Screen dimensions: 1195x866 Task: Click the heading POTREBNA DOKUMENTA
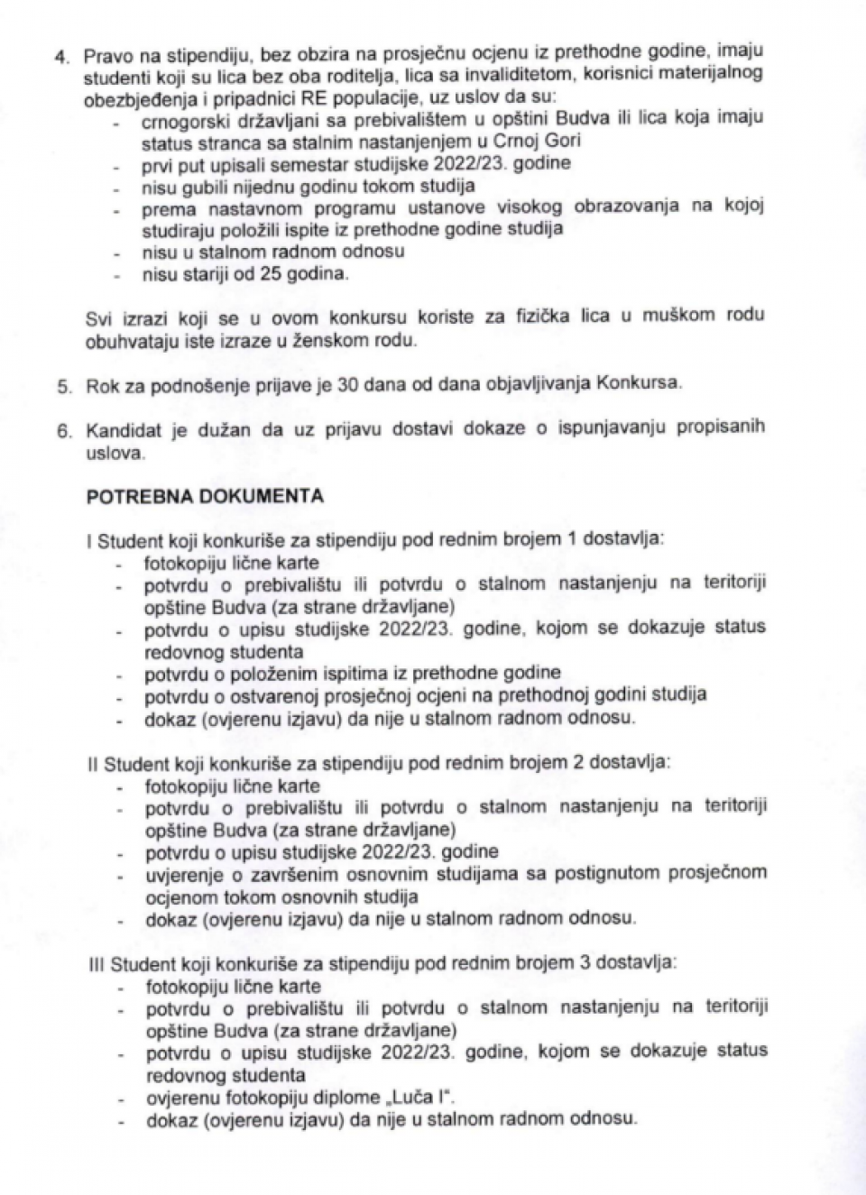click(205, 496)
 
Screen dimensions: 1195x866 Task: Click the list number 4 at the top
click(61, 56)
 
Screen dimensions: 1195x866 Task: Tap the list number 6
click(64, 431)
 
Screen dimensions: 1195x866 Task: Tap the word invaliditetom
click(521, 76)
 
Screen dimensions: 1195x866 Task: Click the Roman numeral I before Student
click(89, 541)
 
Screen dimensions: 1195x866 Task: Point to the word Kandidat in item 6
click(123, 430)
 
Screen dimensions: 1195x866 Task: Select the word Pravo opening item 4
click(108, 55)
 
